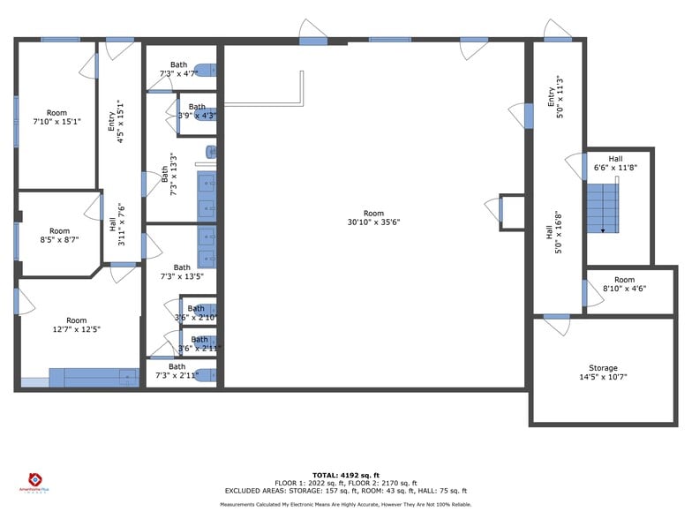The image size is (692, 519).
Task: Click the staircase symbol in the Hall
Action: [604, 208]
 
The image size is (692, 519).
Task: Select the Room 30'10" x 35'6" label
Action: [373, 218]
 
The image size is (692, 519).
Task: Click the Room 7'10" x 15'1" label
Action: [56, 117]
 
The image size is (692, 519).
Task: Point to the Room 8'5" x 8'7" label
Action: [59, 237]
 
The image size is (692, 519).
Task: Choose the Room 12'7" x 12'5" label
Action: [77, 325]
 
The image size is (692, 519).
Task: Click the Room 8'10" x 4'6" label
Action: [624, 284]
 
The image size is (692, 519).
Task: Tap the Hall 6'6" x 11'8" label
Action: [614, 163]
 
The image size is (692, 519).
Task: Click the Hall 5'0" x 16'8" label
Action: [554, 231]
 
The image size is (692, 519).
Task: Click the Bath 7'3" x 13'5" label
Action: [182, 272]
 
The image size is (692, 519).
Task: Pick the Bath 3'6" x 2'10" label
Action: [195, 313]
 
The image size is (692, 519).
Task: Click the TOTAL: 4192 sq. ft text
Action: [345, 476]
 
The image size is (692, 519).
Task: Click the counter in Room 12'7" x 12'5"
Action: [94, 379]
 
